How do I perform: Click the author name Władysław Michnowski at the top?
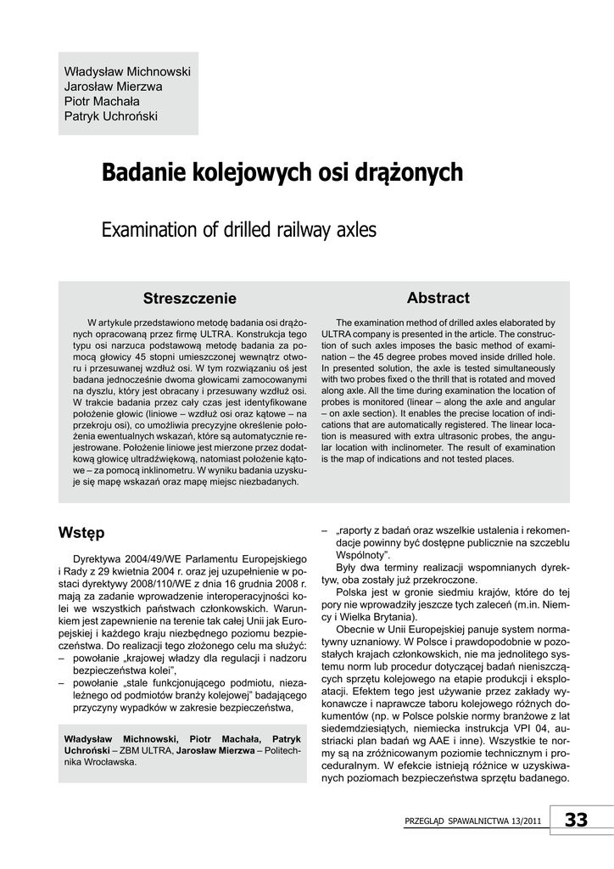tap(127, 70)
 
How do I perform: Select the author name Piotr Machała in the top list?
tap(101, 101)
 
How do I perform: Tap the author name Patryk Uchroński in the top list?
tap(111, 116)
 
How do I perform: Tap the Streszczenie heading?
tap(190, 299)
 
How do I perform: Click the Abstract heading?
tap(438, 298)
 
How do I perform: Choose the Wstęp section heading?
tap(82, 533)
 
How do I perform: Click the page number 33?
tap(576, 819)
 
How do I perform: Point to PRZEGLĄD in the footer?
tap(429, 821)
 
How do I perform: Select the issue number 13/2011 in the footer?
tap(523, 821)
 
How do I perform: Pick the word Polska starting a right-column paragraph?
tap(351, 591)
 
